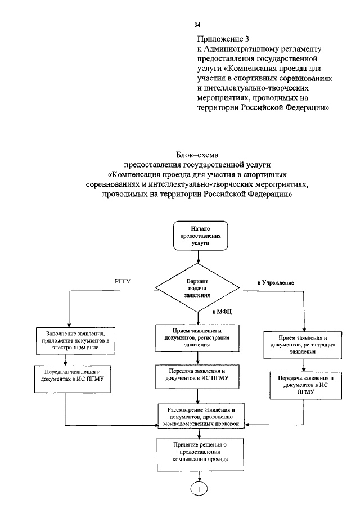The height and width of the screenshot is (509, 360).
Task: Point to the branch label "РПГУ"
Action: tap(124, 281)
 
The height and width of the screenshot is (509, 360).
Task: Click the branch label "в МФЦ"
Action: tap(222, 310)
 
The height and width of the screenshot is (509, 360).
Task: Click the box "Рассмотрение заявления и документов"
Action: tap(201, 416)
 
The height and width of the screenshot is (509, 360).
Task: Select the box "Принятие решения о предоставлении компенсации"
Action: tap(201, 451)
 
